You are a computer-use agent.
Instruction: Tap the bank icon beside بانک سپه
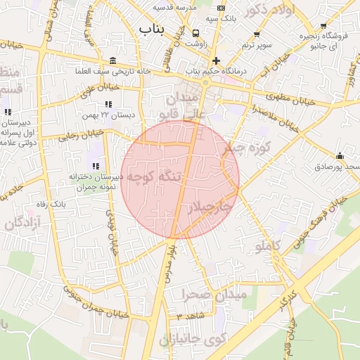coord(222,8)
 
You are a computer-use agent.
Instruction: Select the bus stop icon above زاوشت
coord(195,32)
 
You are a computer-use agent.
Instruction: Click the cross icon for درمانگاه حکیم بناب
coord(217,60)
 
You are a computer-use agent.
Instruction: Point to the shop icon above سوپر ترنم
coord(257,34)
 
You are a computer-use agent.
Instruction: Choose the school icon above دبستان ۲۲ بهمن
coord(108,104)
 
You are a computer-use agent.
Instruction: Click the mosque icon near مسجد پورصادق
coord(341,155)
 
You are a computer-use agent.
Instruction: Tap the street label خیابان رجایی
coord(80,134)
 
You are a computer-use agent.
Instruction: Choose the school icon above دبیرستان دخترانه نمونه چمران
coord(96,165)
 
